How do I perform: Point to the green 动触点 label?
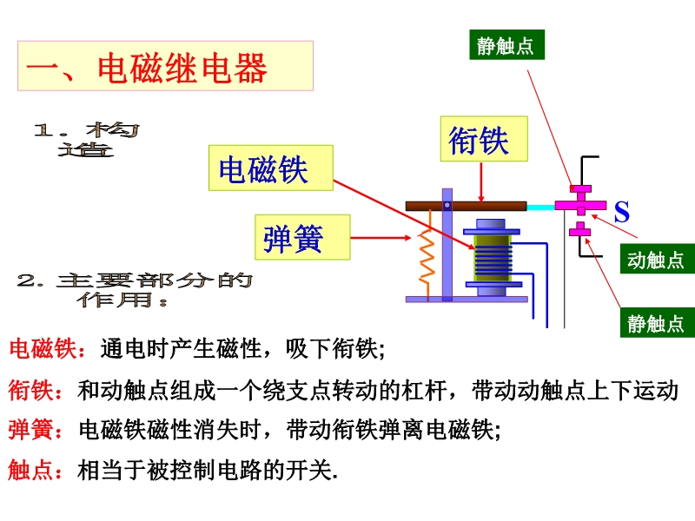pos(657,259)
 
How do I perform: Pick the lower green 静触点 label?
pos(657,323)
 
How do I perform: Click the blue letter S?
pos(621,212)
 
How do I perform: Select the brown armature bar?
pos(466,206)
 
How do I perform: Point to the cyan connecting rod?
pos(540,206)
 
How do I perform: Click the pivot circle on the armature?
pos(447,206)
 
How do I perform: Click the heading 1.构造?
pos(86,139)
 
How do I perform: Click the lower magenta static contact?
pos(579,231)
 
